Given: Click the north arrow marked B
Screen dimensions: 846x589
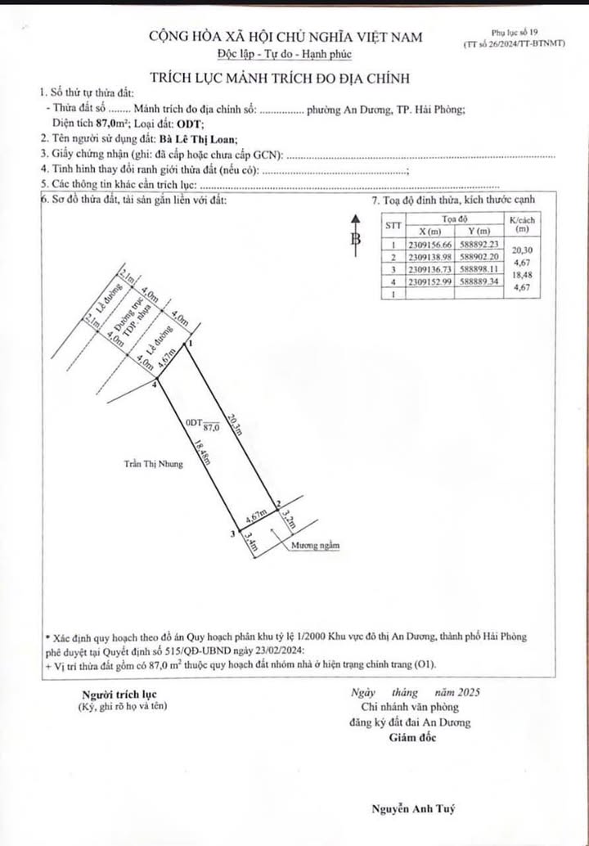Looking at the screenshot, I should (356, 237).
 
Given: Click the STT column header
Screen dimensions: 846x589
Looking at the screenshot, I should (393, 225).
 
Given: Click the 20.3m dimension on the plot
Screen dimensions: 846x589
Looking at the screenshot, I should (235, 424).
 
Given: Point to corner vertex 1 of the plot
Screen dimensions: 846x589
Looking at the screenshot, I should (190, 345).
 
